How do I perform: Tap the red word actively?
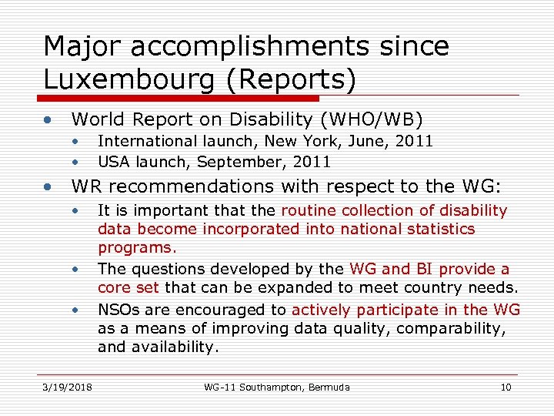(x=322, y=309)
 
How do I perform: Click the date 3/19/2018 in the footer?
(x=67, y=387)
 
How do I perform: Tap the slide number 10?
(x=506, y=387)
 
